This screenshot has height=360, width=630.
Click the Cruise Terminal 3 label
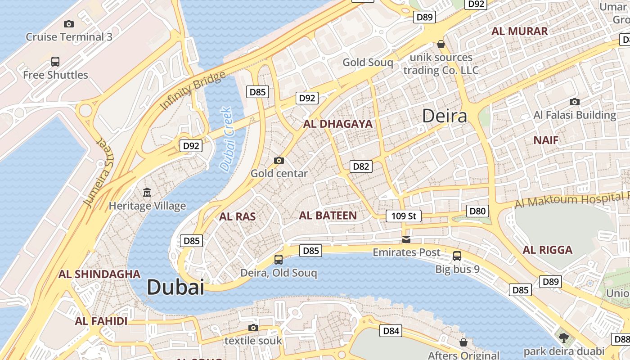[x=69, y=37]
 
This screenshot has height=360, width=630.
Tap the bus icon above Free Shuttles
[x=55, y=62]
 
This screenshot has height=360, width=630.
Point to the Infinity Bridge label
[x=193, y=90]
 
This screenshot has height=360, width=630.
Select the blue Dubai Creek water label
[x=226, y=139]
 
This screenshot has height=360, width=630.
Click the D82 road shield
[x=361, y=166]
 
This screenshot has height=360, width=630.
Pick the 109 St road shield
[x=404, y=216]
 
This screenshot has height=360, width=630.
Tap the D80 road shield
[x=477, y=211]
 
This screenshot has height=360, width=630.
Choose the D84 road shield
[x=391, y=331]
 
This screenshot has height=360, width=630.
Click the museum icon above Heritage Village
[x=147, y=193]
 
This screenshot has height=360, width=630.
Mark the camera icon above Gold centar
[x=279, y=160]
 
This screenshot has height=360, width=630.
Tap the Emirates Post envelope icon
[x=406, y=239]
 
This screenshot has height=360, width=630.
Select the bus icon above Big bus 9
[x=457, y=256]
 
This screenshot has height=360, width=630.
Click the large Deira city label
[x=445, y=117]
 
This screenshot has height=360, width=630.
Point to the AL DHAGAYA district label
[x=338, y=124]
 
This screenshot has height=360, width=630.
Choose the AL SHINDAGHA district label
[x=99, y=274]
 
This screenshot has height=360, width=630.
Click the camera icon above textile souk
[x=253, y=328]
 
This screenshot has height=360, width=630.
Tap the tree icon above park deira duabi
[x=563, y=337]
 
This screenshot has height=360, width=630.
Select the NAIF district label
[x=546, y=140]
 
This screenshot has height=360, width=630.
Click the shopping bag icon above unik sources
[x=441, y=44]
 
